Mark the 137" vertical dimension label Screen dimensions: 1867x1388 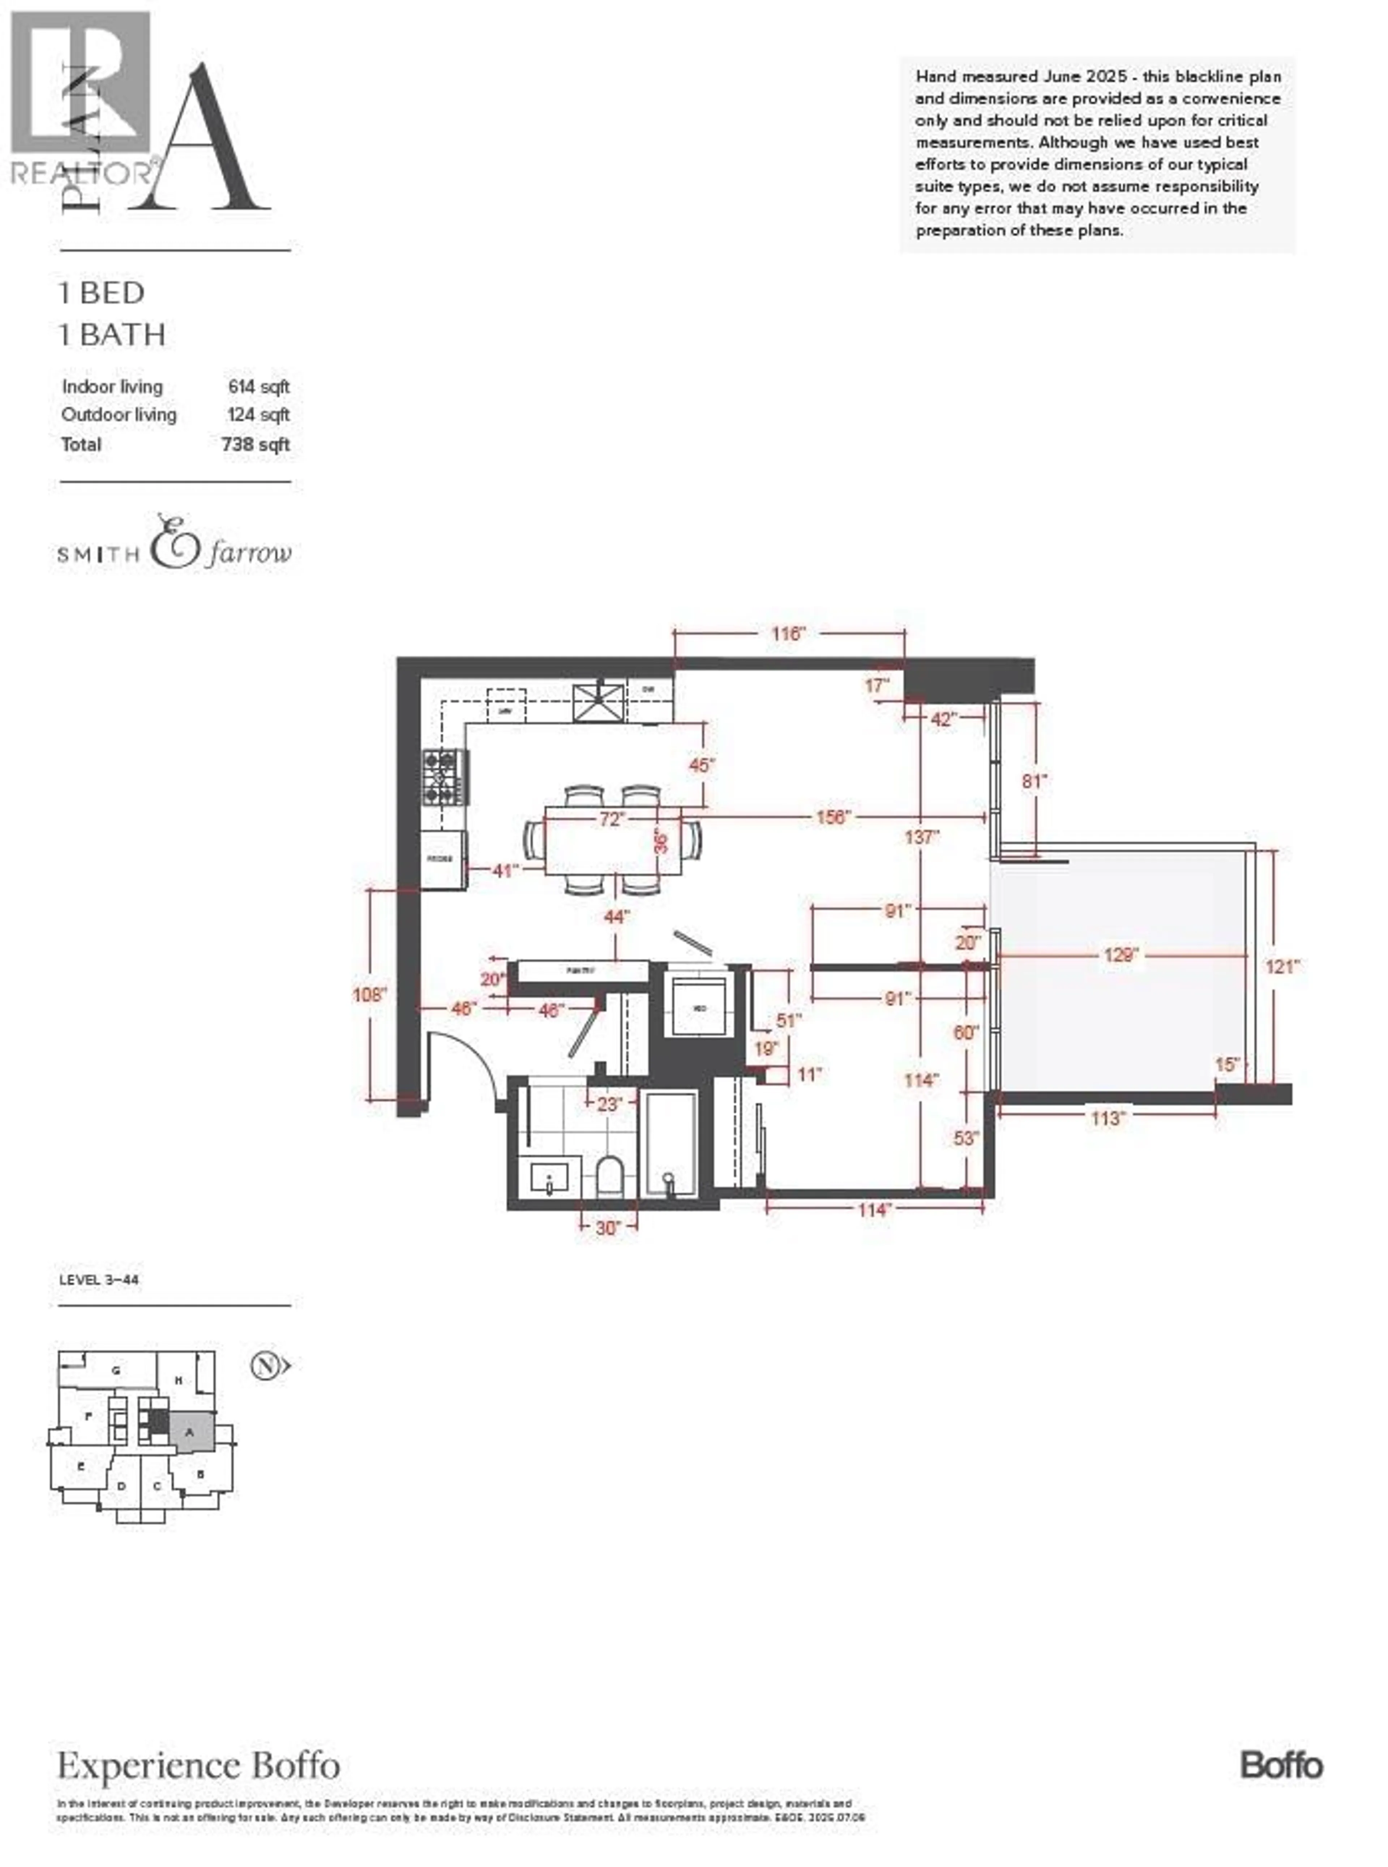pos(922,837)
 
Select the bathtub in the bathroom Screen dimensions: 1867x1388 pos(671,1144)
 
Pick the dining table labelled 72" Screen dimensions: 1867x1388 pos(613,840)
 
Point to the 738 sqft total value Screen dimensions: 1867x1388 pos(256,444)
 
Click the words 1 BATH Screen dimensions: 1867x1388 pos(112,335)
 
